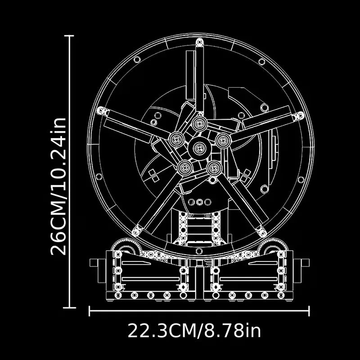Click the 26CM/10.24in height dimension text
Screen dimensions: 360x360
(x=58, y=186)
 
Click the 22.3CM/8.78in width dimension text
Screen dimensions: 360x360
(x=194, y=331)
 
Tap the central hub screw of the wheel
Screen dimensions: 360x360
(x=199, y=148)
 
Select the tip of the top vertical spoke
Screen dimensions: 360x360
(x=199, y=42)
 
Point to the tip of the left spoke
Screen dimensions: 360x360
(x=100, y=110)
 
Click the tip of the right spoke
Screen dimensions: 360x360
(x=300, y=116)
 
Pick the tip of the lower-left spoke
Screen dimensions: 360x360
(x=136, y=231)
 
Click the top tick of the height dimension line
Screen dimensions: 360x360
(x=69, y=36)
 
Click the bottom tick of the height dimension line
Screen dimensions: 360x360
(x=69, y=307)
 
